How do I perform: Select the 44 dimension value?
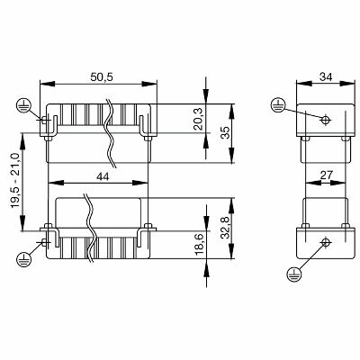(101, 179)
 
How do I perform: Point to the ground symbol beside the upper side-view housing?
(280, 106)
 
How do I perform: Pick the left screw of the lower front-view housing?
(43, 241)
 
